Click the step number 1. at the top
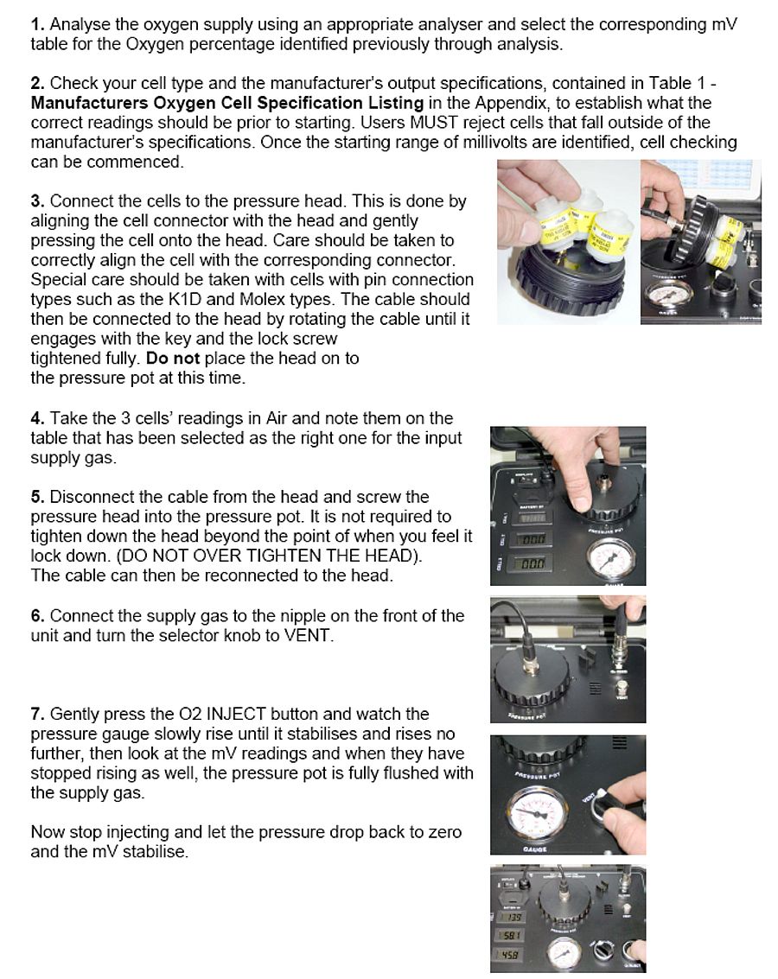[37, 24]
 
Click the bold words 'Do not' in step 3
[173, 358]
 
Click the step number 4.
[37, 419]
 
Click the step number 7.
[37, 714]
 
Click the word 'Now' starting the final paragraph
[48, 832]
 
